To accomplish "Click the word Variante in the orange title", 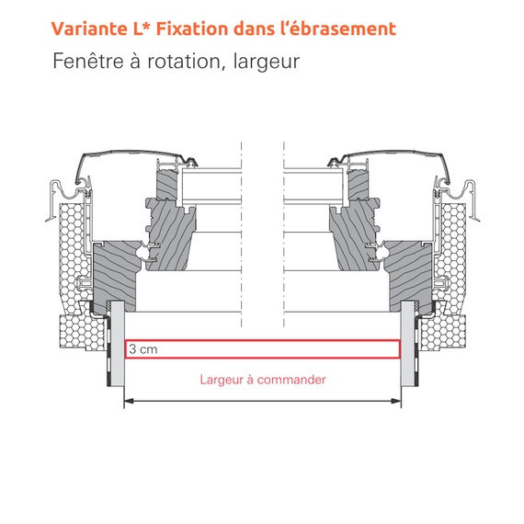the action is [x=89, y=28].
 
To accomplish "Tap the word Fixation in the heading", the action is [x=192, y=28].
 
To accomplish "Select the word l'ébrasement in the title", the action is [x=337, y=28].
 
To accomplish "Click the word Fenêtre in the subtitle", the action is [x=88, y=61].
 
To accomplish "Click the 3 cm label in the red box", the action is [x=143, y=349].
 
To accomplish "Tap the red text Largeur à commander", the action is [x=263, y=380].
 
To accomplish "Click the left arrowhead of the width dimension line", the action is [x=129, y=401].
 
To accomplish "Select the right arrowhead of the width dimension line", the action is [x=396, y=401].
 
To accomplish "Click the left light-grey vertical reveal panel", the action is [x=118, y=344].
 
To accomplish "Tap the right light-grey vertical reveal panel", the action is [x=407, y=344].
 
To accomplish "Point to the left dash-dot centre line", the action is [x=241, y=234].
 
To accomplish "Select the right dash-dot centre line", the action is [x=284, y=234].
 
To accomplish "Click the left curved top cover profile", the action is [x=133, y=160].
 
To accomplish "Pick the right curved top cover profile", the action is [x=391, y=160].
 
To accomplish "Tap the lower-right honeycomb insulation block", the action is [x=443, y=333].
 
